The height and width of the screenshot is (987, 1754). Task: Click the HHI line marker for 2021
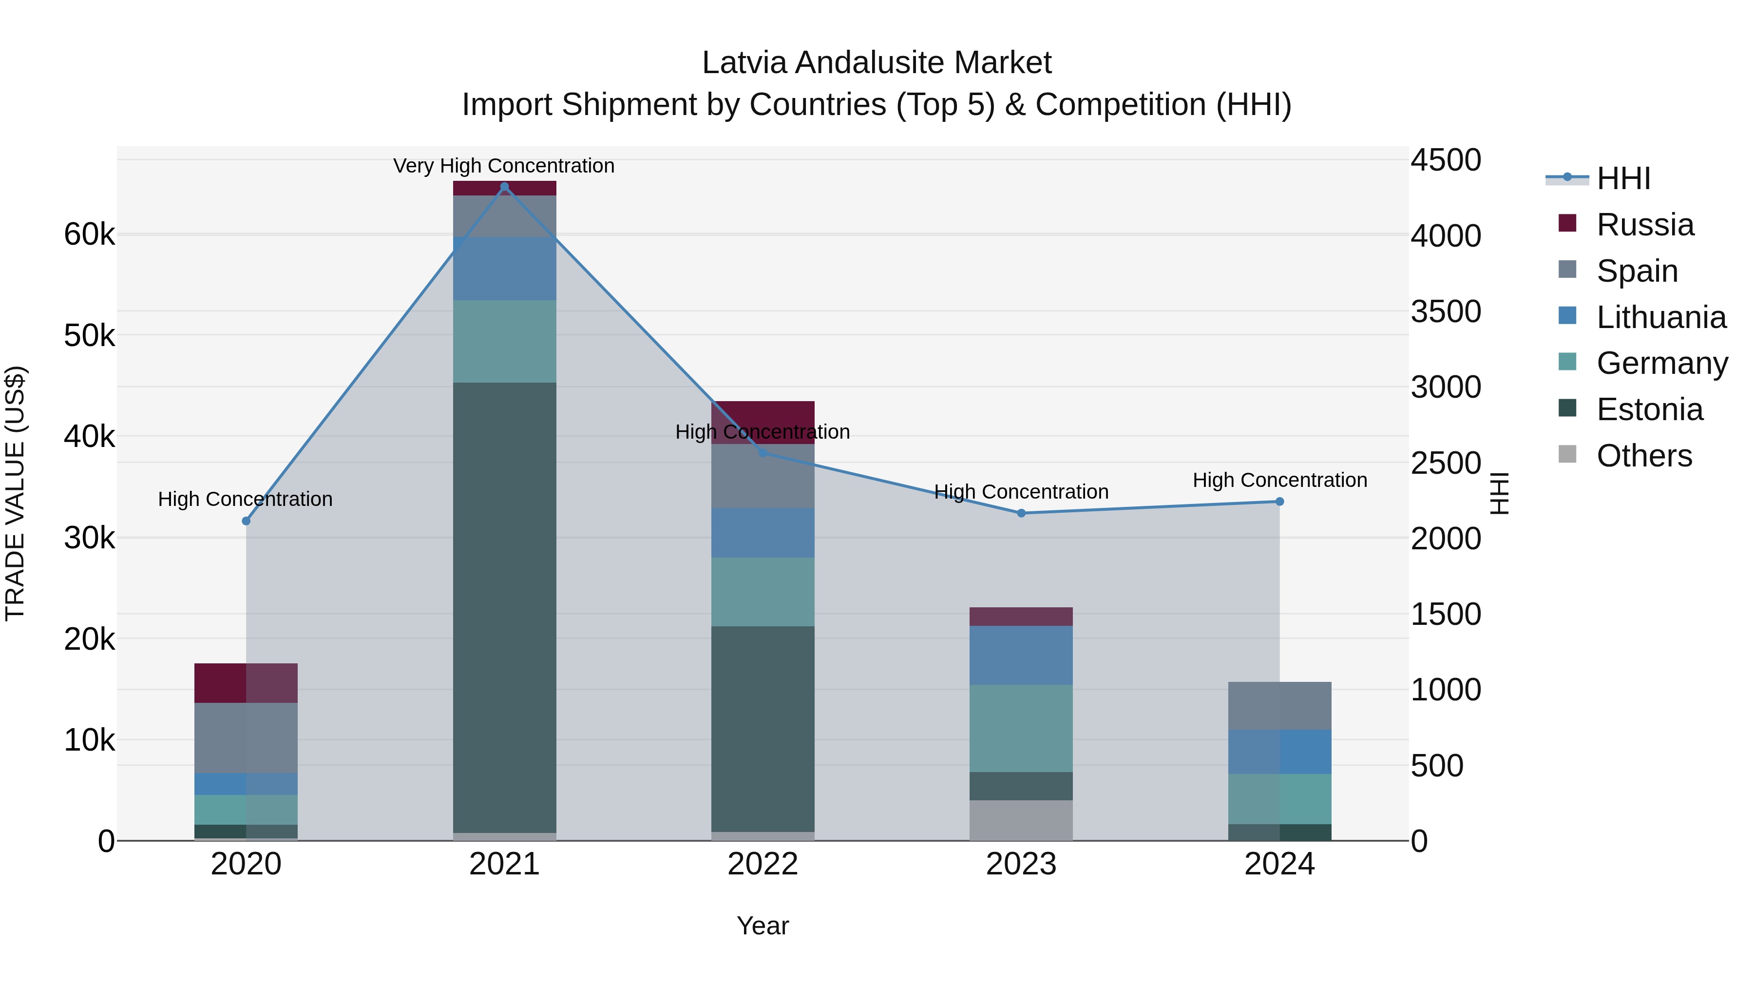click(x=505, y=187)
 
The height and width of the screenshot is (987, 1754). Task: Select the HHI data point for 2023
click(x=1021, y=513)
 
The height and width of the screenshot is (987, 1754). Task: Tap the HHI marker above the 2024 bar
click(x=1279, y=502)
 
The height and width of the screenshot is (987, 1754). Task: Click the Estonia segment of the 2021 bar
click(x=505, y=606)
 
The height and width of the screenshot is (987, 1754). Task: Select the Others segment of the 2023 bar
click(x=1021, y=820)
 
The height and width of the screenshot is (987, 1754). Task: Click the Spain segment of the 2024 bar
click(x=1279, y=706)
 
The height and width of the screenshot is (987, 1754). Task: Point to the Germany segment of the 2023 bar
click(x=1021, y=728)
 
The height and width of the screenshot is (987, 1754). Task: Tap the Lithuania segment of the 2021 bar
click(x=505, y=269)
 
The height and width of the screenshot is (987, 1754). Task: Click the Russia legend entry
click(x=1644, y=225)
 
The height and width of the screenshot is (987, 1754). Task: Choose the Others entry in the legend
click(x=1644, y=456)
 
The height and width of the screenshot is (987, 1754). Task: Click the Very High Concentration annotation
click(x=504, y=166)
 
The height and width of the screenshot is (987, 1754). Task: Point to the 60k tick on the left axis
click(x=89, y=234)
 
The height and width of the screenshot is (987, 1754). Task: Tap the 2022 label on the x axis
click(x=763, y=864)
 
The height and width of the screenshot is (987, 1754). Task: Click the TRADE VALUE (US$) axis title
click(x=15, y=493)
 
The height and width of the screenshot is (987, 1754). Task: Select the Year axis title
click(x=763, y=926)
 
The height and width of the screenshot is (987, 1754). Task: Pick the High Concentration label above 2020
click(x=245, y=499)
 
